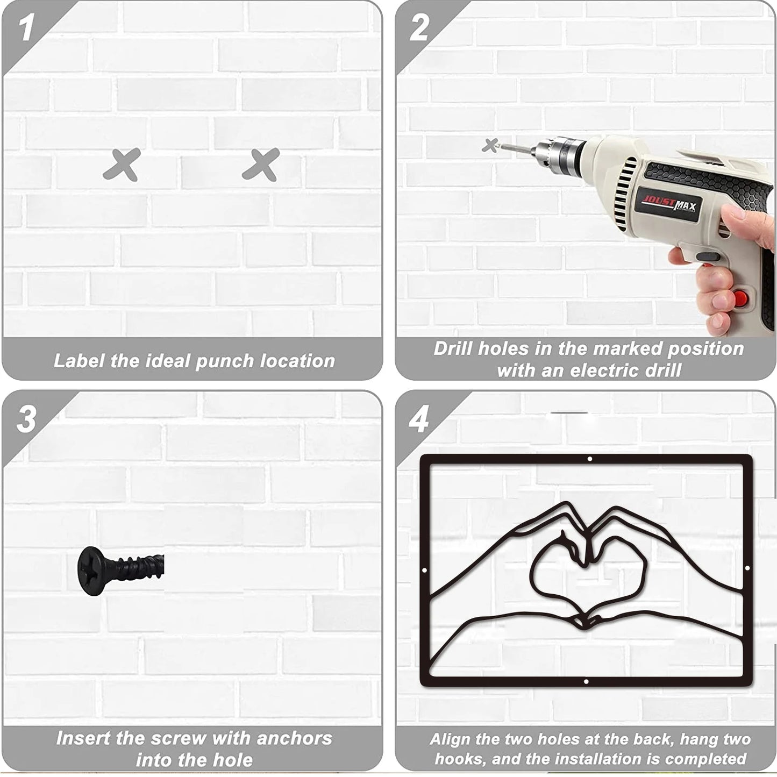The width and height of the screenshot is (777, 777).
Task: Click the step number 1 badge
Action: tap(26, 27)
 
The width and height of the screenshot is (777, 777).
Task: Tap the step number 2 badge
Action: tap(419, 27)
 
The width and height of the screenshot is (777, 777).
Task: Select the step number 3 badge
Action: tap(26, 419)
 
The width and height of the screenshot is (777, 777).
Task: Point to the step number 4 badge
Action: tap(418, 419)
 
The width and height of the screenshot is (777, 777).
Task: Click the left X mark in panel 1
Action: tap(122, 165)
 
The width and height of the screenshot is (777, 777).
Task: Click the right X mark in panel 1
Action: tap(261, 165)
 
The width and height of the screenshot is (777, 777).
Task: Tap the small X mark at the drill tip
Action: tap(490, 145)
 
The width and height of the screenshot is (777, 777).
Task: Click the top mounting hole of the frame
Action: tap(590, 459)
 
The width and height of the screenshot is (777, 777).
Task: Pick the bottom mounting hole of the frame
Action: tap(586, 682)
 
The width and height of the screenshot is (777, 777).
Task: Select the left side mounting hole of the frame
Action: tap(424, 570)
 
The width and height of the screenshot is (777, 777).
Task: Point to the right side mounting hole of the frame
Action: tap(747, 568)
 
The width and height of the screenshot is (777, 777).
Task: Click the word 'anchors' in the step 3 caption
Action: tap(294, 738)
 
